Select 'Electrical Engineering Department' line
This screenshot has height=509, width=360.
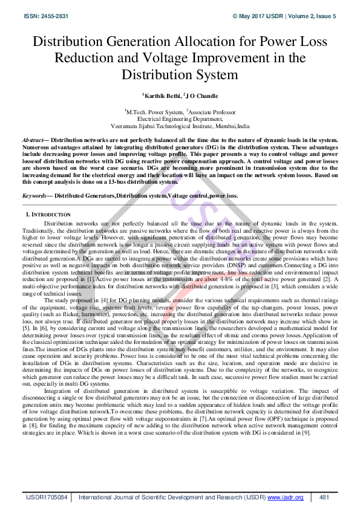[x=180, y=120]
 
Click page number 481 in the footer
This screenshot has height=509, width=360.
[x=324, y=497]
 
